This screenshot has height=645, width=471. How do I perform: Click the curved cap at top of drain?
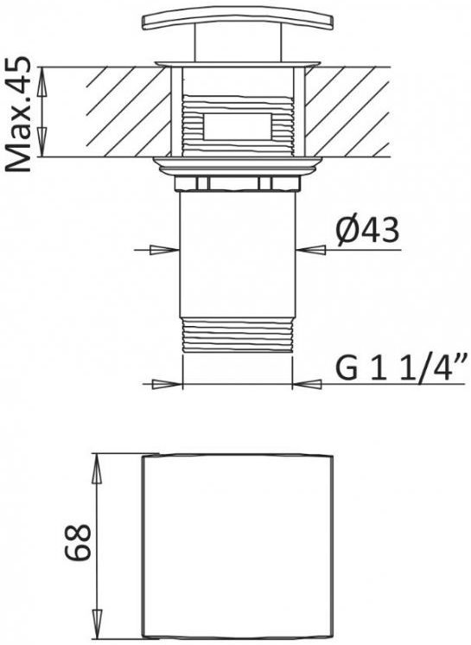[x=237, y=22]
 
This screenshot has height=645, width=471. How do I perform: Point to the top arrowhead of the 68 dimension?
[x=99, y=465]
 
